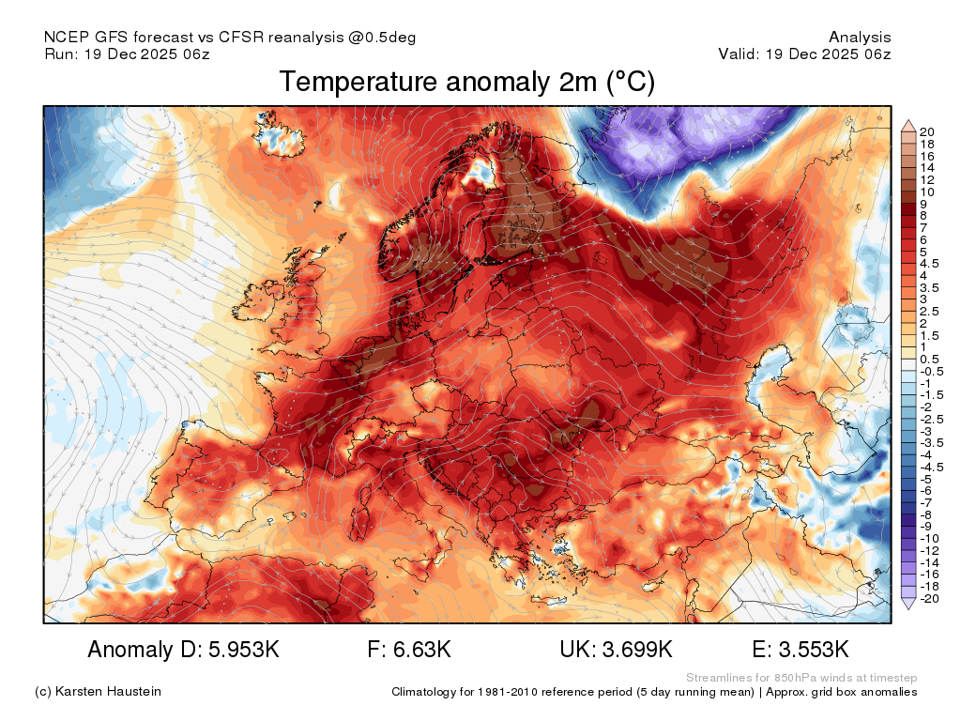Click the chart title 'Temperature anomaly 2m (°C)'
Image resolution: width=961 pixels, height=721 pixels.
[467, 82]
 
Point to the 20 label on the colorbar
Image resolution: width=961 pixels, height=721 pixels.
[926, 131]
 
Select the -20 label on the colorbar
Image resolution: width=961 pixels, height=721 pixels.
[930, 599]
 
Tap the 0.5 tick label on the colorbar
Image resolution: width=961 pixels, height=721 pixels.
[929, 360]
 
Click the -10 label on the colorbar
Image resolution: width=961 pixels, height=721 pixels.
[930, 539]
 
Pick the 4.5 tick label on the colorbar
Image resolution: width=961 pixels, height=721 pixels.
[929, 264]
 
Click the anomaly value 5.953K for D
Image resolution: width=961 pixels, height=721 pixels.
[244, 650]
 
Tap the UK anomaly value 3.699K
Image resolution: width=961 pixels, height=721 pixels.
[637, 650]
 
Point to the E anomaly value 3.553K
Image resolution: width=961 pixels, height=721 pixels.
[814, 650]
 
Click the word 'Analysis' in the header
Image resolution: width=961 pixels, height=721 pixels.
[860, 38]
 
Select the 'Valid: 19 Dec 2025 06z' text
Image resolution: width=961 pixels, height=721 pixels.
[804, 54]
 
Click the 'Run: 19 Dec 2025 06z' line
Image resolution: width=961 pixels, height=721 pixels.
[127, 54]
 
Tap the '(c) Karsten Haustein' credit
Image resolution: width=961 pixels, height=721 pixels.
[98, 692]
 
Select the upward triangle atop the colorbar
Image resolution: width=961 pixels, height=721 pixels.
[908, 126]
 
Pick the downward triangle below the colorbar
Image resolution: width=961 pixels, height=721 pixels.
[908, 604]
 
